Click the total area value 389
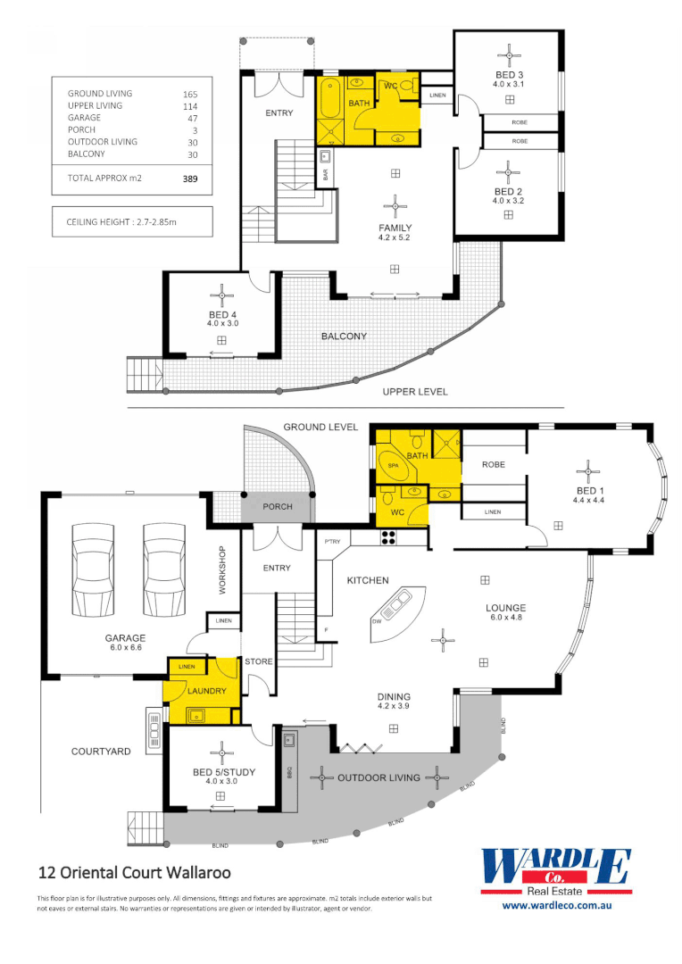point(189,179)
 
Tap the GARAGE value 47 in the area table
point(190,118)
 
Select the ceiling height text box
point(132,221)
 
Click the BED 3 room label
point(509,74)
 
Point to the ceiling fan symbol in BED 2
point(509,168)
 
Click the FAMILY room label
point(395,229)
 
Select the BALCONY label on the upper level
point(344,337)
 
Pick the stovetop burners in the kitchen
point(389,537)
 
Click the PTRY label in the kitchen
point(334,542)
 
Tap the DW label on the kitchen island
point(377,619)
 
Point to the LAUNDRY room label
point(206,691)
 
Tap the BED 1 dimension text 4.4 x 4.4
point(588,500)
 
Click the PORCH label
point(277,507)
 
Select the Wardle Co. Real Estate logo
point(556,872)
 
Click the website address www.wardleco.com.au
point(556,905)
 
